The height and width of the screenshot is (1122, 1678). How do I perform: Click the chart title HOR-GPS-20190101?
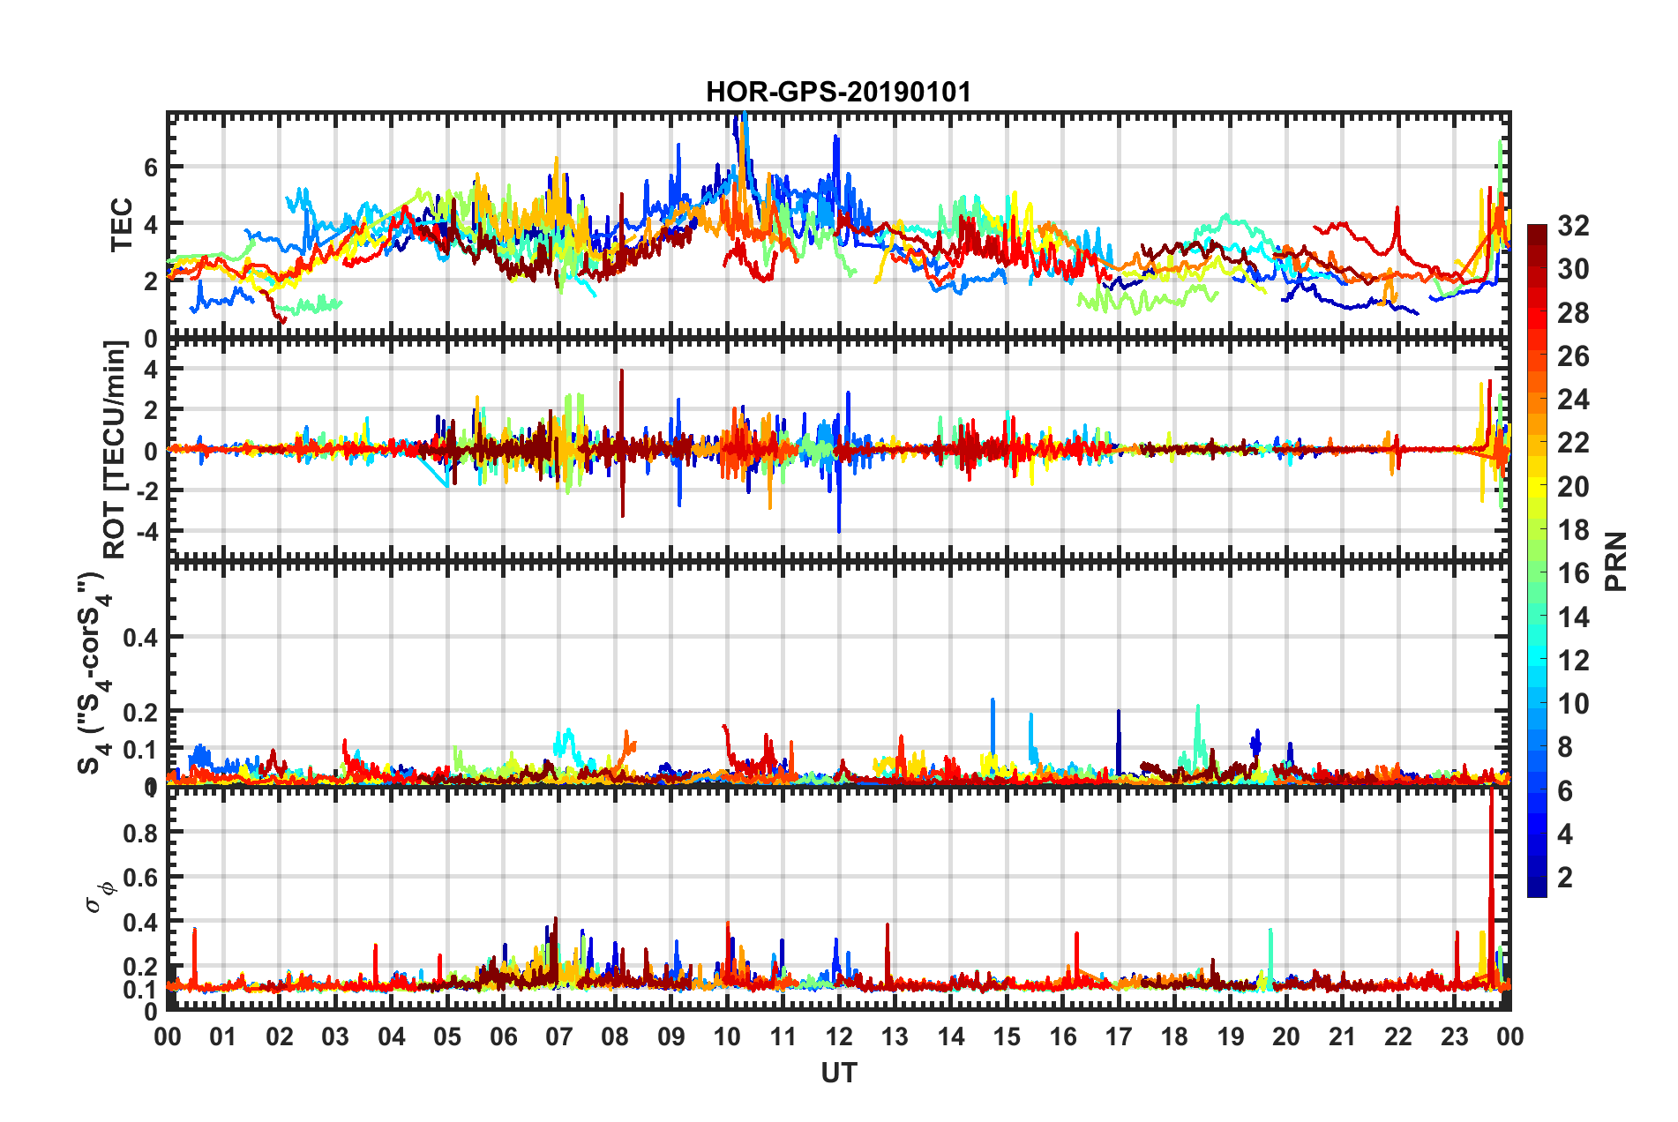click(x=838, y=92)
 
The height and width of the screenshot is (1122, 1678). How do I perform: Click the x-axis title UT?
click(x=838, y=1073)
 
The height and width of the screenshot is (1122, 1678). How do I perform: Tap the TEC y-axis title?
click(x=122, y=225)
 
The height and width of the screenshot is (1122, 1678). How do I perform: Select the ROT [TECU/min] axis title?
click(x=115, y=450)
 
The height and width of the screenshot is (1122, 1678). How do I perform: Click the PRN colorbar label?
click(x=1616, y=561)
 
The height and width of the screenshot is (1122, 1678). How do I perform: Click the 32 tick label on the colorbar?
click(x=1573, y=226)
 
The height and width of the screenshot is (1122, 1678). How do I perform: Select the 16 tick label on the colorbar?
click(x=1573, y=573)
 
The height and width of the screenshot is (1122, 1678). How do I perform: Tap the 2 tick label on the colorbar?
click(x=1566, y=877)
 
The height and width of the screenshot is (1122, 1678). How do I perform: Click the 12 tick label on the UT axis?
click(x=838, y=1036)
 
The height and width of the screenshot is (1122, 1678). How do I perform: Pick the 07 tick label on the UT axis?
click(x=558, y=1036)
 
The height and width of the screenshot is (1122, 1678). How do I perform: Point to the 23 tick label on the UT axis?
click(x=1454, y=1036)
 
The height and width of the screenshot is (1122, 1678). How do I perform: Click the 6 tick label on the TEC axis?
click(x=151, y=167)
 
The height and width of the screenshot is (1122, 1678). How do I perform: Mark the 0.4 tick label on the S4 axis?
click(x=139, y=637)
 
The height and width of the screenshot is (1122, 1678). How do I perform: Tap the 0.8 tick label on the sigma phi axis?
click(x=139, y=833)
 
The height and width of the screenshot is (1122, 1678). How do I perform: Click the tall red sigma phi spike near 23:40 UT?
click(x=1491, y=847)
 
